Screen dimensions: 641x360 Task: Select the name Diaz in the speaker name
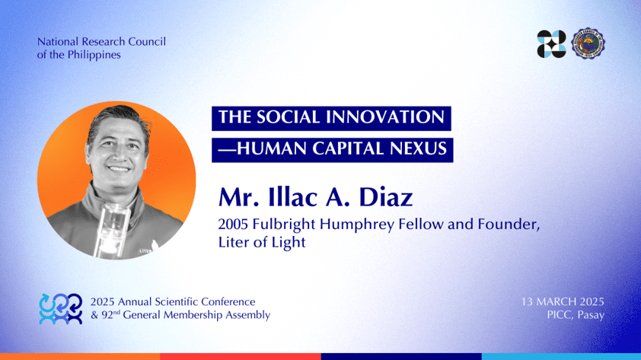coord(385,198)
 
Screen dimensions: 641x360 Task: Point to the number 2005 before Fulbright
coord(233,225)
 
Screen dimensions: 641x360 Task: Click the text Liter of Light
coord(262,242)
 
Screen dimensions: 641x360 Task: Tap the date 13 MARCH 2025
coord(563,302)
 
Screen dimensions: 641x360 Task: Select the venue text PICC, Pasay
coord(576,315)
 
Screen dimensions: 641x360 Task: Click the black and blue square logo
coord(551,43)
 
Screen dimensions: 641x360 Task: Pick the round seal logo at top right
coord(588,43)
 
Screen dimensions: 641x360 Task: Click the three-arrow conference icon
coord(60,309)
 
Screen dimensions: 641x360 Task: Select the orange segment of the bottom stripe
coord(80,357)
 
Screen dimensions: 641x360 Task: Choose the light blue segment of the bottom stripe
coord(561,357)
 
